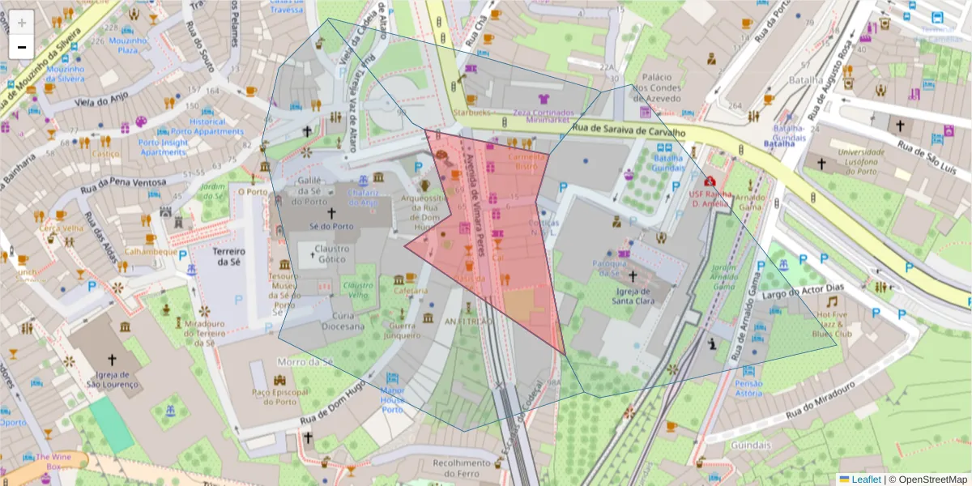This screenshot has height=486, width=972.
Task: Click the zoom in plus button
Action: point(22,22)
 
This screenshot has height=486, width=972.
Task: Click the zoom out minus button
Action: point(22,46)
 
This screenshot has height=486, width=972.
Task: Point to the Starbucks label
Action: point(472,113)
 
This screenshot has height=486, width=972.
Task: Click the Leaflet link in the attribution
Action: point(865,480)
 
